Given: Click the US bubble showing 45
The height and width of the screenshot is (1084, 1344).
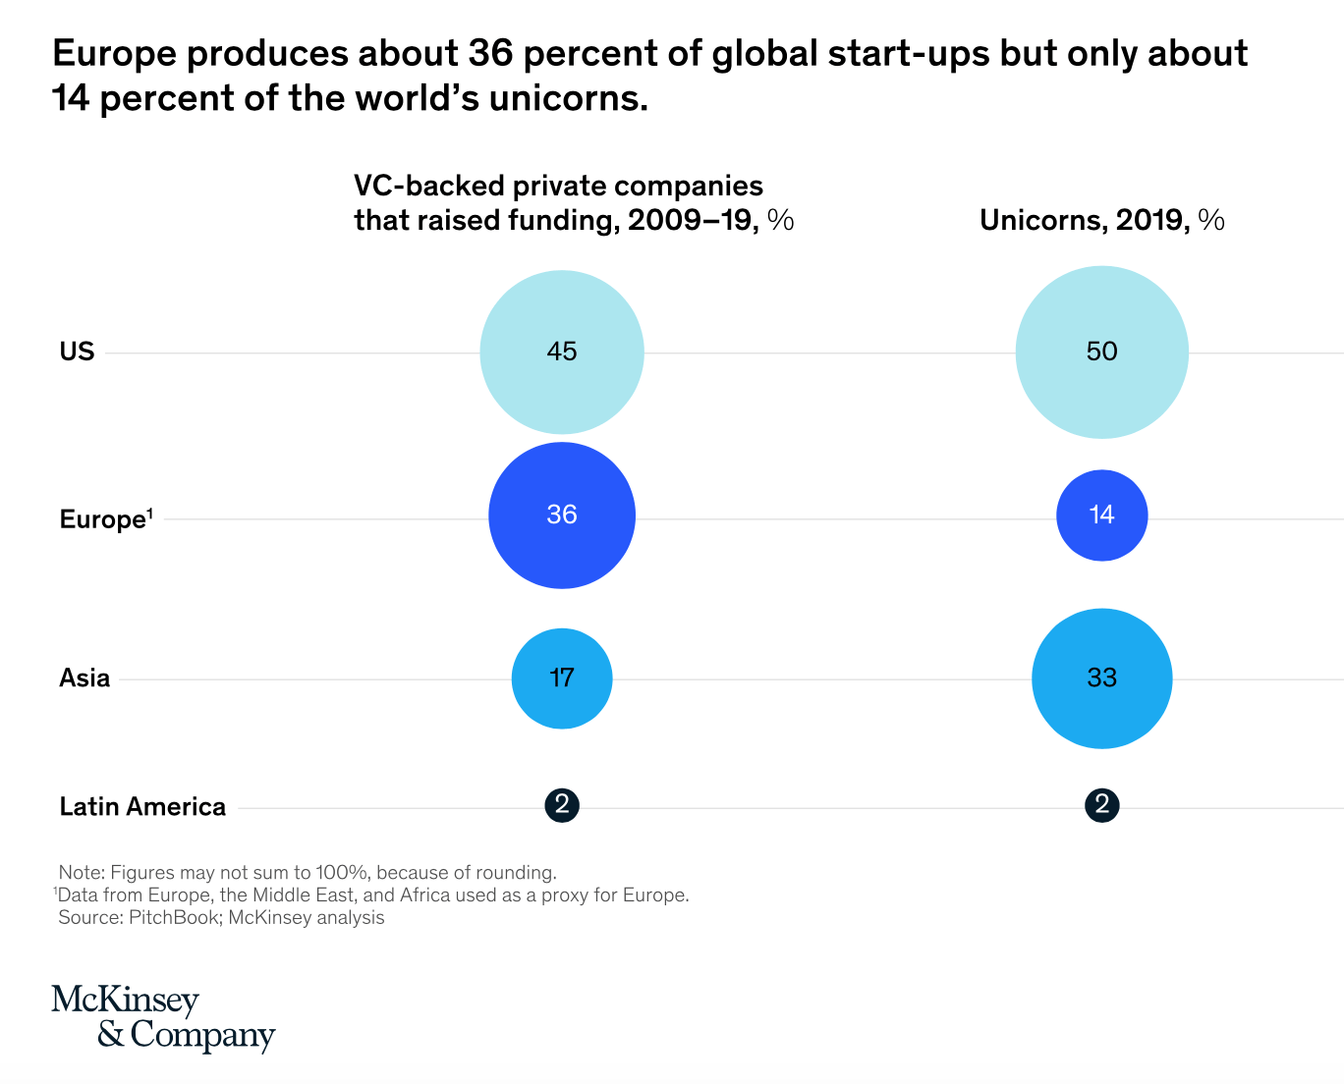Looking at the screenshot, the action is pos(561,352).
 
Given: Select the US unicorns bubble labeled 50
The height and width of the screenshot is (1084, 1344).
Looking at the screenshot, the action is pos(1101,352).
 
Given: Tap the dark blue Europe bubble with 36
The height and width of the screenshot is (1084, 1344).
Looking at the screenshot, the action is pos(561,515).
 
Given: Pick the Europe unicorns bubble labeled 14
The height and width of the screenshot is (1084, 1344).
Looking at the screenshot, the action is pos(1101,515).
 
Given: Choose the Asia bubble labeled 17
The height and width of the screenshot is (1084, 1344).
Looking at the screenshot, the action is pos(561,678).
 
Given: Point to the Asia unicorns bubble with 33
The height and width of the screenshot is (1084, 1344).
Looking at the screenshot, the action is pos(1101,678).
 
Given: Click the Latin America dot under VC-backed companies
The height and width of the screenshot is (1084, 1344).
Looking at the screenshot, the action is pos(561,805).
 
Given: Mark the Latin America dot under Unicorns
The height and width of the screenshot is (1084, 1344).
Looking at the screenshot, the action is pos(1101,805).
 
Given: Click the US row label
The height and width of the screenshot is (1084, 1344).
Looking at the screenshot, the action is pos(77,352).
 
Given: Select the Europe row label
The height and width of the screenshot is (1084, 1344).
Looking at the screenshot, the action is pos(106,519).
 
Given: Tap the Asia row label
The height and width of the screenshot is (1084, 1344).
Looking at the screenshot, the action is pos(84,678).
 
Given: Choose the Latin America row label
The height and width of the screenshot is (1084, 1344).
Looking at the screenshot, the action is pos(142,807).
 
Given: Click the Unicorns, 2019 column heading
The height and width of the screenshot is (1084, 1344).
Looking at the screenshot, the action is pos(1101,220).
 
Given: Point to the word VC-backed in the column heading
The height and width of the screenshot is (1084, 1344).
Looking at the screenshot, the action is pos(429,187).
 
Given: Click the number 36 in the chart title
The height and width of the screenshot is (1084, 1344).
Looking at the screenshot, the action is pos(491,53).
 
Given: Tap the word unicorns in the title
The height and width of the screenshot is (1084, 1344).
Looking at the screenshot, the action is pos(568,98).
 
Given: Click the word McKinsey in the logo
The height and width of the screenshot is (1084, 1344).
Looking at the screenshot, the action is pos(125,1001).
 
